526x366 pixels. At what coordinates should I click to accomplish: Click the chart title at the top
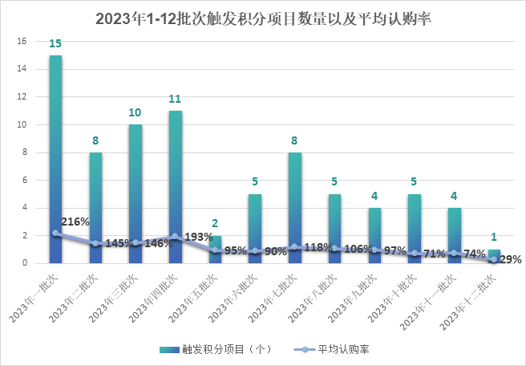click(263, 18)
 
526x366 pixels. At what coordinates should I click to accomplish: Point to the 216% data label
click(75, 222)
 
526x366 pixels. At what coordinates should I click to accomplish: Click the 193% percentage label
click(198, 238)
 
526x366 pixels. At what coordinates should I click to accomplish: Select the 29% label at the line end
click(511, 259)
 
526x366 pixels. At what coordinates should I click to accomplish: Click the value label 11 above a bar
click(175, 99)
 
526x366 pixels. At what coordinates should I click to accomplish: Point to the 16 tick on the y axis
click(22, 42)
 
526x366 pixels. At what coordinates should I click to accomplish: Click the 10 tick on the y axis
click(22, 125)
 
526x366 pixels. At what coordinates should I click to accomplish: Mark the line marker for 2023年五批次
click(215, 250)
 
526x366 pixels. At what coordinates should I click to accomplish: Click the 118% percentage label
click(318, 247)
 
